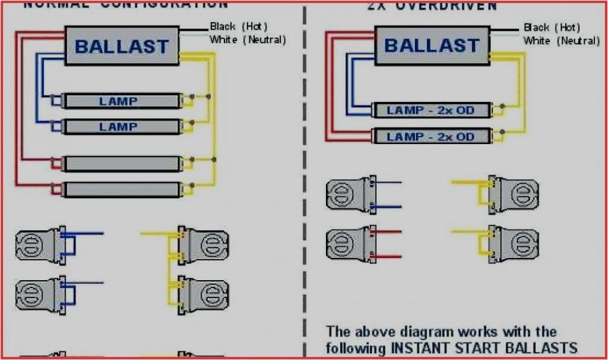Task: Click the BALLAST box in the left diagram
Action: tap(122, 46)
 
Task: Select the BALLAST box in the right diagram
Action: tap(431, 46)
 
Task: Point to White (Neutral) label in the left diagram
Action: tap(247, 40)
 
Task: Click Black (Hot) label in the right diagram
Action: tap(551, 27)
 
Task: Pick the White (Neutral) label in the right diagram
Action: tap(561, 41)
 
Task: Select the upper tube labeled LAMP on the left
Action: tap(118, 101)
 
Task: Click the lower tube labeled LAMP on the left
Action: tap(118, 127)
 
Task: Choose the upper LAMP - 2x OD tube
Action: tap(430, 110)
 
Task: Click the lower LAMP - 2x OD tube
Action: tap(430, 136)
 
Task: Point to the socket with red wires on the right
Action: tap(349, 243)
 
